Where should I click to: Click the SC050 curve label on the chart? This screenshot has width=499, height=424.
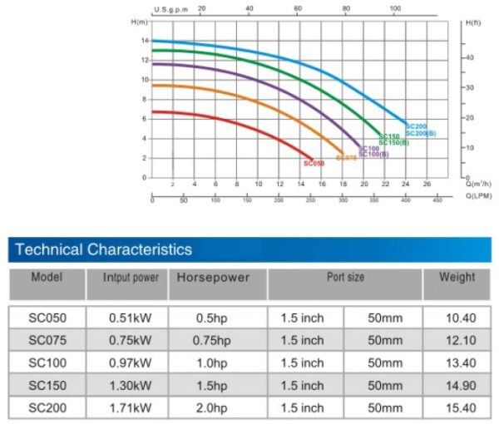point(314,164)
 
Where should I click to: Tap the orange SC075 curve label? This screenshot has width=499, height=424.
point(346,157)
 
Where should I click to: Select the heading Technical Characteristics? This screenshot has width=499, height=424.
point(103,249)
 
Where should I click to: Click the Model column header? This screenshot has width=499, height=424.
point(47,277)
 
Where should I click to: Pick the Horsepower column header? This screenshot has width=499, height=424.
point(214,278)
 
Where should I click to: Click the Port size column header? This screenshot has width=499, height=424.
point(345,277)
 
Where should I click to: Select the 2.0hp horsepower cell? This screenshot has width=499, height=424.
point(214,408)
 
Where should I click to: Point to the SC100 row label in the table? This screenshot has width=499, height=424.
point(47,362)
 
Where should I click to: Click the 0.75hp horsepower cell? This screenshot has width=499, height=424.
point(214,340)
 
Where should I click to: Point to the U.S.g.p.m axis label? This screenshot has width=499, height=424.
point(172,9)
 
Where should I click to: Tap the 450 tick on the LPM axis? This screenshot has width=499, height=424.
point(437,200)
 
